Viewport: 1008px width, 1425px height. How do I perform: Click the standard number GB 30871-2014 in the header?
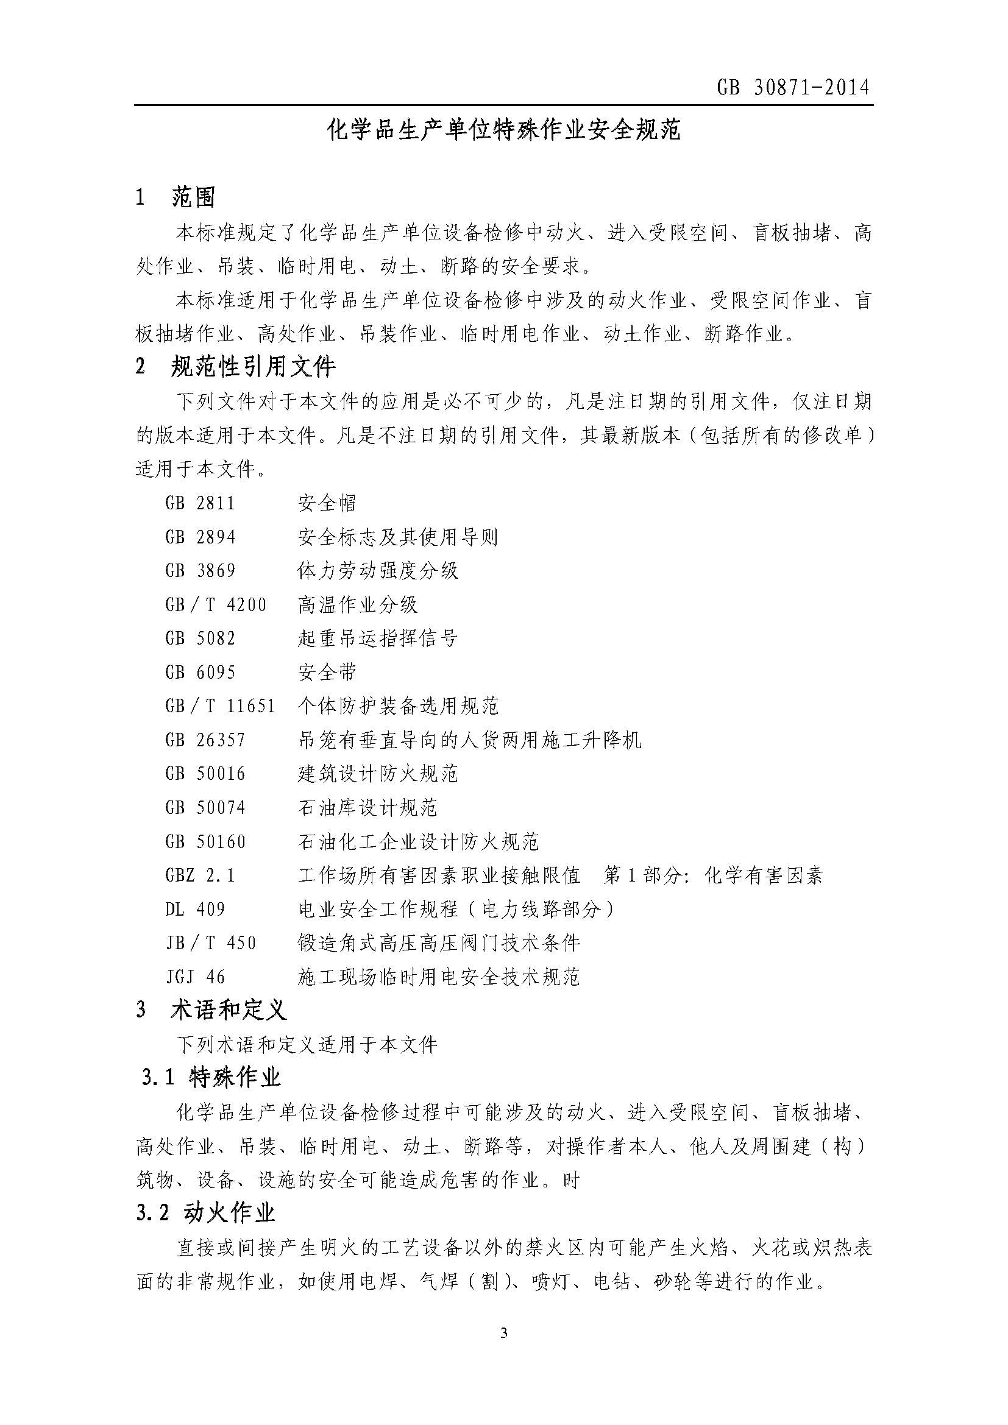tap(793, 88)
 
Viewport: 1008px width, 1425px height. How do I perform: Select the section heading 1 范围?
tap(176, 198)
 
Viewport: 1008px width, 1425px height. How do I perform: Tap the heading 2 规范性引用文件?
tap(236, 367)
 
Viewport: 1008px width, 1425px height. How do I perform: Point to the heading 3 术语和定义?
tap(211, 1010)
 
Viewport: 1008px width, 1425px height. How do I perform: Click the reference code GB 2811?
tap(201, 503)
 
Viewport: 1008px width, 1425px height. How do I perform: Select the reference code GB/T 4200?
tap(216, 604)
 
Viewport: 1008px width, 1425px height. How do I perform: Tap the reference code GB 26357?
tap(205, 740)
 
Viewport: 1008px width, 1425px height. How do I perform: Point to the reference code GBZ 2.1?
tap(201, 875)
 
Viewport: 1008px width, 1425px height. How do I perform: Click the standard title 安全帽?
tap(327, 503)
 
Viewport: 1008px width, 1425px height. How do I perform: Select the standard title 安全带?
tap(327, 672)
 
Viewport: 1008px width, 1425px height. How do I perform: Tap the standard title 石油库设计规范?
tap(367, 807)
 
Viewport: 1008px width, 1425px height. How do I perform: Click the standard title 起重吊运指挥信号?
tap(377, 638)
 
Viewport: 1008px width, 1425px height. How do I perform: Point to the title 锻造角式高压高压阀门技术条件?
tap(439, 943)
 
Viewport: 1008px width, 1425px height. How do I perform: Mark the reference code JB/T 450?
tap(211, 943)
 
